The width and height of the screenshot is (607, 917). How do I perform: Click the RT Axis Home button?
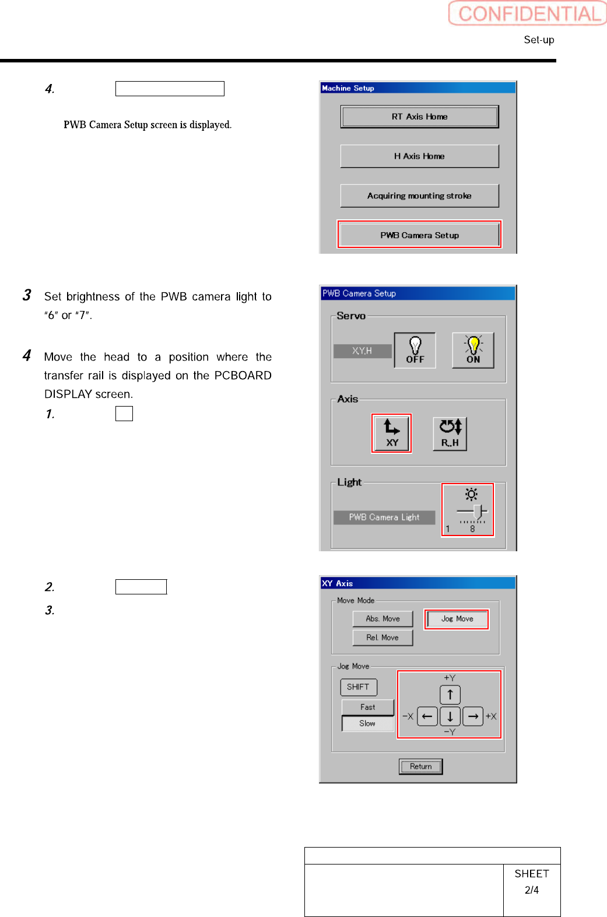419,117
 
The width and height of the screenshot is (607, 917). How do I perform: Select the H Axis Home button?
419,156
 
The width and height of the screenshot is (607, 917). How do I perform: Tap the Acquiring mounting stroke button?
419,196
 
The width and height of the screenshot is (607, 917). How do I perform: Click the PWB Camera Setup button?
419,235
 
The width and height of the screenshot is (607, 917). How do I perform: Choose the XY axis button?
392,433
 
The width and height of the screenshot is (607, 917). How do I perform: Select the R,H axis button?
450,433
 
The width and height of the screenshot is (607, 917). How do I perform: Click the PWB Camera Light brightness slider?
472,513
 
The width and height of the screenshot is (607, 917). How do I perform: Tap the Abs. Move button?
383,619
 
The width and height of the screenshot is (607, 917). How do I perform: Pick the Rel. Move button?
383,638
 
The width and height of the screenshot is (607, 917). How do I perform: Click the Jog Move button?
457,619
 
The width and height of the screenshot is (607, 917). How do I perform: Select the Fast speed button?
368,707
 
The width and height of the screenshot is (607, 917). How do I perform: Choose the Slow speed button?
368,723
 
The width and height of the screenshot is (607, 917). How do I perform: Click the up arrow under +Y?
450,695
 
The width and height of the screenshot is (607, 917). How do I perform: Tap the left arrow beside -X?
427,716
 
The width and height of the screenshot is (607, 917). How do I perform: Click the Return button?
421,766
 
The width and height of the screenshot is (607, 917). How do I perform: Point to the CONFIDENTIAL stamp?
528,13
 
